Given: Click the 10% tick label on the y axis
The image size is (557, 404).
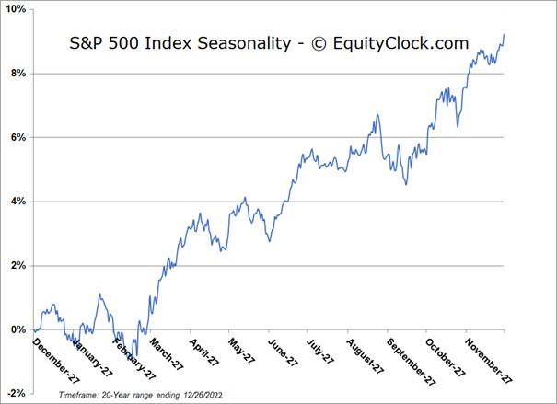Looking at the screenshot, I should click(x=17, y=9).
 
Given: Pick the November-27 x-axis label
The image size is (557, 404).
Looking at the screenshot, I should click(x=487, y=358).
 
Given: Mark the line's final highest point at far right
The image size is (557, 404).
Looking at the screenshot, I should click(x=504, y=35).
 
